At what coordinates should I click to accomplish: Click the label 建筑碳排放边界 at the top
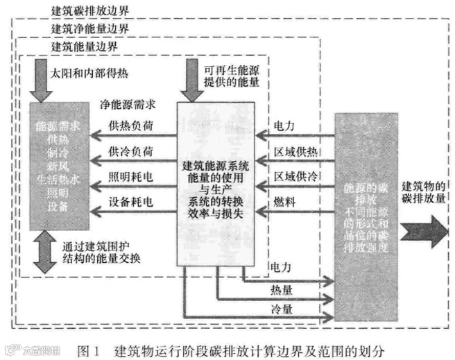[x=89, y=12]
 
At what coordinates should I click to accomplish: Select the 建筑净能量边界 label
[x=89, y=29]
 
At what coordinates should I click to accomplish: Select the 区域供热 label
[x=295, y=151]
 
